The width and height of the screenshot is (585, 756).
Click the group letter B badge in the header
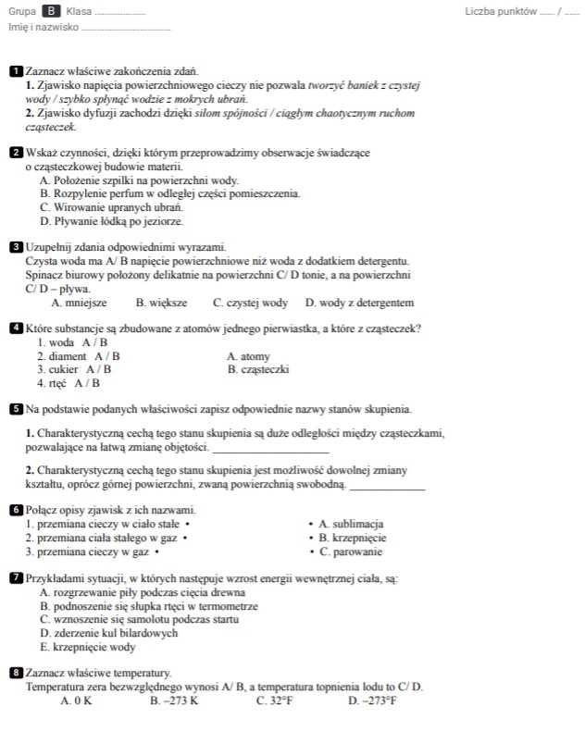(x=52, y=11)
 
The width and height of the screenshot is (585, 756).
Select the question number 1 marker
(x=16, y=71)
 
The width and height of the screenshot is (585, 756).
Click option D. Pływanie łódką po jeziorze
(x=112, y=222)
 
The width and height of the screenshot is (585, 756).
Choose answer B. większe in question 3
(x=161, y=303)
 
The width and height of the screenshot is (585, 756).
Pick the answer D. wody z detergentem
(x=359, y=303)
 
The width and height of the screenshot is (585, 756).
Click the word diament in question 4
(x=68, y=356)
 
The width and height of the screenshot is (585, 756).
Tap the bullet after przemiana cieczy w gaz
(x=156, y=552)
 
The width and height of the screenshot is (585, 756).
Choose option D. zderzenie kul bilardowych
(x=109, y=634)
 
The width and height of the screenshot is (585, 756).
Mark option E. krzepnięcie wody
(x=88, y=648)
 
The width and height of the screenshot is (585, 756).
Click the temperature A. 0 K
(x=76, y=701)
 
